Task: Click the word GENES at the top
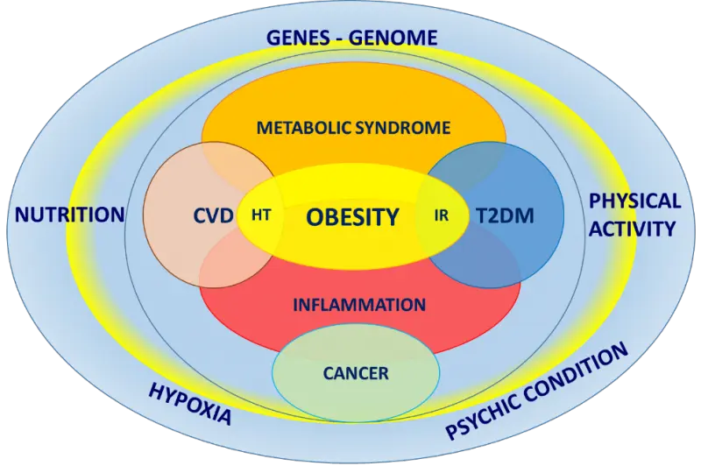coord(298,38)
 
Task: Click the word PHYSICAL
coord(634,201)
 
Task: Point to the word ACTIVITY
coord(633,229)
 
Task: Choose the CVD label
coord(214,215)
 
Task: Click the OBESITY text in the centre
coord(352,216)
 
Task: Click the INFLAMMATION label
coord(359,306)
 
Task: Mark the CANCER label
coord(355,373)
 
